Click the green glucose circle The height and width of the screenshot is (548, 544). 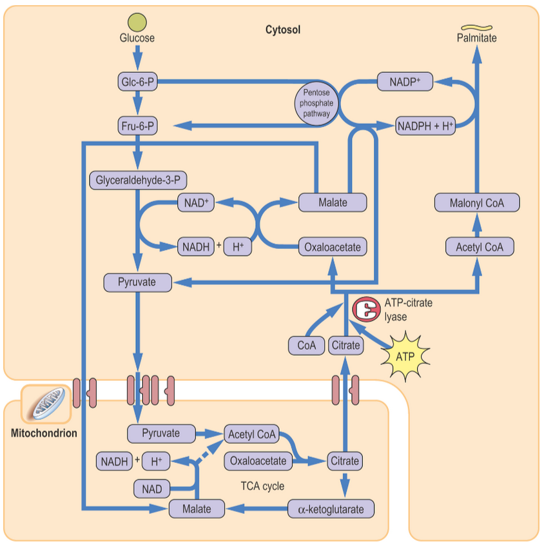click(137, 22)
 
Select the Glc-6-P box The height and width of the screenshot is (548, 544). click(137, 82)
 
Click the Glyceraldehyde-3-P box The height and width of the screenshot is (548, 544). click(141, 180)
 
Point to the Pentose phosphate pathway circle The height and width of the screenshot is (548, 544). click(316, 103)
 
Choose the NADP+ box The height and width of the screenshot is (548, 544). click(404, 82)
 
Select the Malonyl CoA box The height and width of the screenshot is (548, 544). click(477, 202)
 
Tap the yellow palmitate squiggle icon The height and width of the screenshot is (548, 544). click(477, 27)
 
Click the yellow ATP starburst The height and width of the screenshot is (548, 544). click(405, 356)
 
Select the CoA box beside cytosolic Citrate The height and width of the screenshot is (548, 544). click(306, 346)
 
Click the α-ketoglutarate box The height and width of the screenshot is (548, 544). click(331, 509)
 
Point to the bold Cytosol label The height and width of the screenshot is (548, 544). click(283, 30)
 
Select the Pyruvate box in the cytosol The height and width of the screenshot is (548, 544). click(139, 282)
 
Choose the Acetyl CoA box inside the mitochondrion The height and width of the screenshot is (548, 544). click(252, 434)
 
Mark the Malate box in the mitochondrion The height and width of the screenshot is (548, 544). click(197, 509)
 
